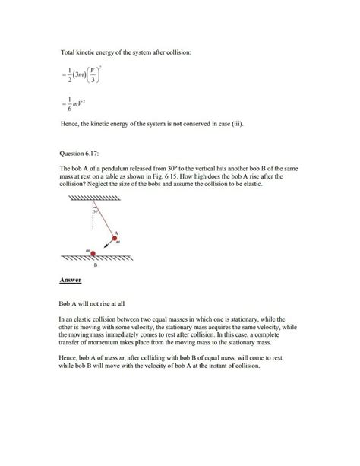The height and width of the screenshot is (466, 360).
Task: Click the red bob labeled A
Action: coord(115,239)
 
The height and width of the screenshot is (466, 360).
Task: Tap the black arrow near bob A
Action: coord(109,245)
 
